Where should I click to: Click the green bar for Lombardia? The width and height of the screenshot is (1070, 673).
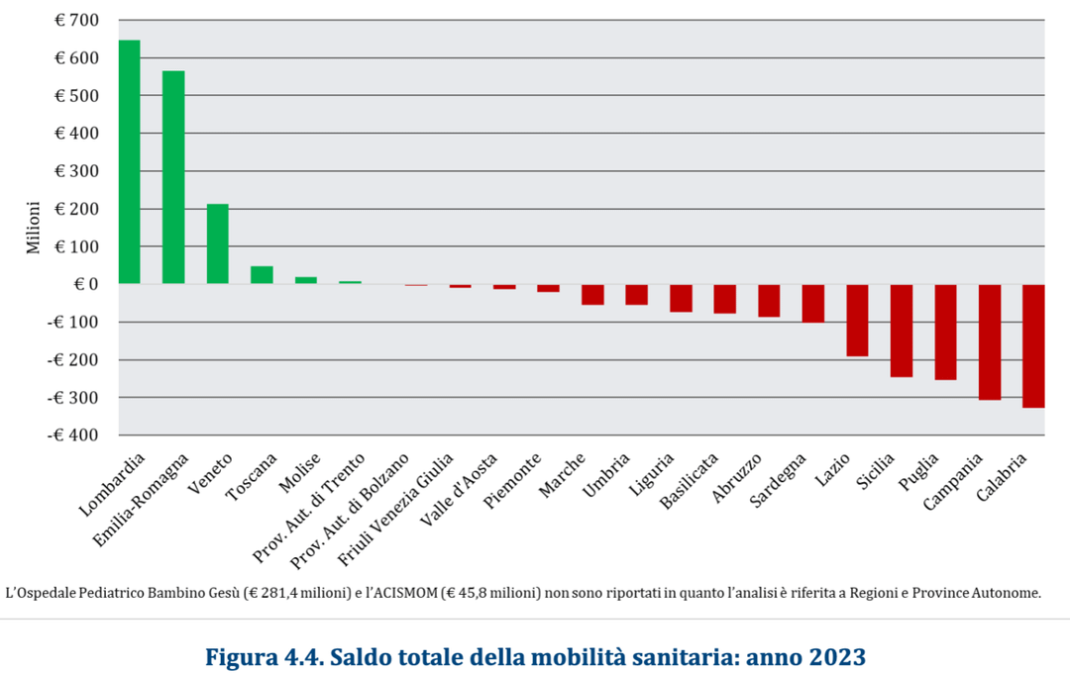pos(129,162)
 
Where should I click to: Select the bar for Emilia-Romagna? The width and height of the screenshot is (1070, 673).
pos(173,178)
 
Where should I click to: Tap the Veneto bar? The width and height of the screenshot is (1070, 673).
pos(217,244)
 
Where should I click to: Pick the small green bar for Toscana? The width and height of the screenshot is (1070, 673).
pos(262,275)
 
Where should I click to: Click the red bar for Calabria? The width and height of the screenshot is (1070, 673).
pos(1033,345)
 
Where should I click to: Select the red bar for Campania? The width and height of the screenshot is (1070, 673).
pos(990,341)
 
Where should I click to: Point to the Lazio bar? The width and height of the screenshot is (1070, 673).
pos(857,320)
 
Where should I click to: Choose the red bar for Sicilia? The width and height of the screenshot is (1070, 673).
pos(901,331)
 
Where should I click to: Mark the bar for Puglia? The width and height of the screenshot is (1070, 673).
pos(945,332)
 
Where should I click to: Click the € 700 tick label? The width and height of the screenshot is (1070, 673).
pos(76,21)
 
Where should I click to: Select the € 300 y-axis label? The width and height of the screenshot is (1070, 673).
pos(76,171)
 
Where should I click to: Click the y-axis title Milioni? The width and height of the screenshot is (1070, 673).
pos(34,228)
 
